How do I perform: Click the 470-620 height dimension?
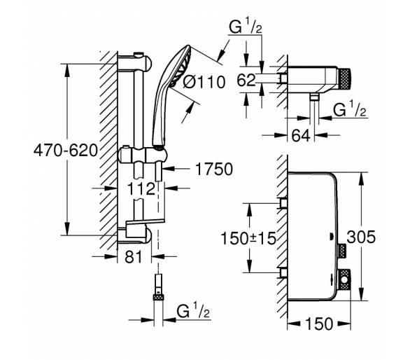66,151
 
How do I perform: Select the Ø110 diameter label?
204,82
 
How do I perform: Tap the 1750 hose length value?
214,169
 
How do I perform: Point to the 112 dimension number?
141,188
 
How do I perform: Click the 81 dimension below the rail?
134,257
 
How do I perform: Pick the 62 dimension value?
246,80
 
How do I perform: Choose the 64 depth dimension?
301,136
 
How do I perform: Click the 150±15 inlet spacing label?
248,239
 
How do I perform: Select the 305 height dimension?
361,237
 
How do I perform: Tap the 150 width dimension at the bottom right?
319,324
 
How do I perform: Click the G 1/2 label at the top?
246,27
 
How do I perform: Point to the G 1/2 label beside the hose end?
193,312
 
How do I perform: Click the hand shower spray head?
181,66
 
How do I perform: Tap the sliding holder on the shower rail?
143,155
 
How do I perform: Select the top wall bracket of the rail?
134,63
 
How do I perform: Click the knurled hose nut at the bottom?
158,297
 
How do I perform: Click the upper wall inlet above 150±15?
283,203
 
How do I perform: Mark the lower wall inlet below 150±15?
283,273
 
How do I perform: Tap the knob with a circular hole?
344,279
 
